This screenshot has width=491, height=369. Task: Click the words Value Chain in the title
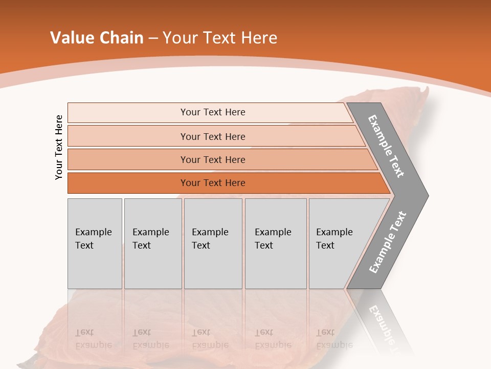coord(97,38)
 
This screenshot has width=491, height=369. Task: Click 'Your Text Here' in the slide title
coord(220,38)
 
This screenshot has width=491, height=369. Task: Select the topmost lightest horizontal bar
coord(128,112)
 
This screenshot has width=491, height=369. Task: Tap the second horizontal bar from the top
coord(128,136)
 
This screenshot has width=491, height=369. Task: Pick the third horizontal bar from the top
coord(128,159)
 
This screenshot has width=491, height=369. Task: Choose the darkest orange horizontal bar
coord(128,183)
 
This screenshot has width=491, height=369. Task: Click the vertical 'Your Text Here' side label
coord(59,147)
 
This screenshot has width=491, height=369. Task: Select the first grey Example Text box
coord(95,243)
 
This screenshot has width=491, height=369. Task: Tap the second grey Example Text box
coord(153,243)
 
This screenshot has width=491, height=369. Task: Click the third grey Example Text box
coord(213,243)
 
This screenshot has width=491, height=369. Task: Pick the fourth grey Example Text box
coord(276,243)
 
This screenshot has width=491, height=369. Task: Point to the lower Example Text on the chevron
coord(387,242)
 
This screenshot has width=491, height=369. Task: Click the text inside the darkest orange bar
coord(213,183)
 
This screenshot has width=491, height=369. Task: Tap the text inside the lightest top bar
coord(213,112)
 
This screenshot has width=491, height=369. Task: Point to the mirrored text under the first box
coord(93,338)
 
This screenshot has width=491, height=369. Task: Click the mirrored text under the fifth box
coord(334,338)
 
